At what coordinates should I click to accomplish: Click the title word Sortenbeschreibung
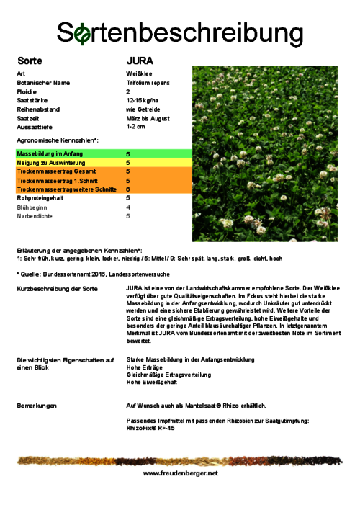180,33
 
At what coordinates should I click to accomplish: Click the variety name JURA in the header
140,61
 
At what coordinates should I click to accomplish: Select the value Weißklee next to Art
138,73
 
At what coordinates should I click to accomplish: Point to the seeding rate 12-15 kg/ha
142,100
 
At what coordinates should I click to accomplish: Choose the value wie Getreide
141,109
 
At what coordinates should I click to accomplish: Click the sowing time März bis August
148,118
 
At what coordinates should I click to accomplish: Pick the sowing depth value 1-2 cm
135,127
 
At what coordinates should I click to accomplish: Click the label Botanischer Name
43,83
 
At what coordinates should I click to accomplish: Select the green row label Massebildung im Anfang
50,154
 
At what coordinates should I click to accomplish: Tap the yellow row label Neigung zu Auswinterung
51,163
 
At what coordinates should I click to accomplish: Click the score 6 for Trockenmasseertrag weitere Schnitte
128,189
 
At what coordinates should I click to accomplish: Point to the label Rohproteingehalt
42,197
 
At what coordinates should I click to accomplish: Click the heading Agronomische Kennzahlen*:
57,140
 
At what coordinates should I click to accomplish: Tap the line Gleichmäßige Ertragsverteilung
168,375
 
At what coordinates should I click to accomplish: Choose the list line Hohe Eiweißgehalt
152,382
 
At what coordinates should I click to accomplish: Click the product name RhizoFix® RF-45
150,427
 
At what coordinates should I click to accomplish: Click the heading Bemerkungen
37,406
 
